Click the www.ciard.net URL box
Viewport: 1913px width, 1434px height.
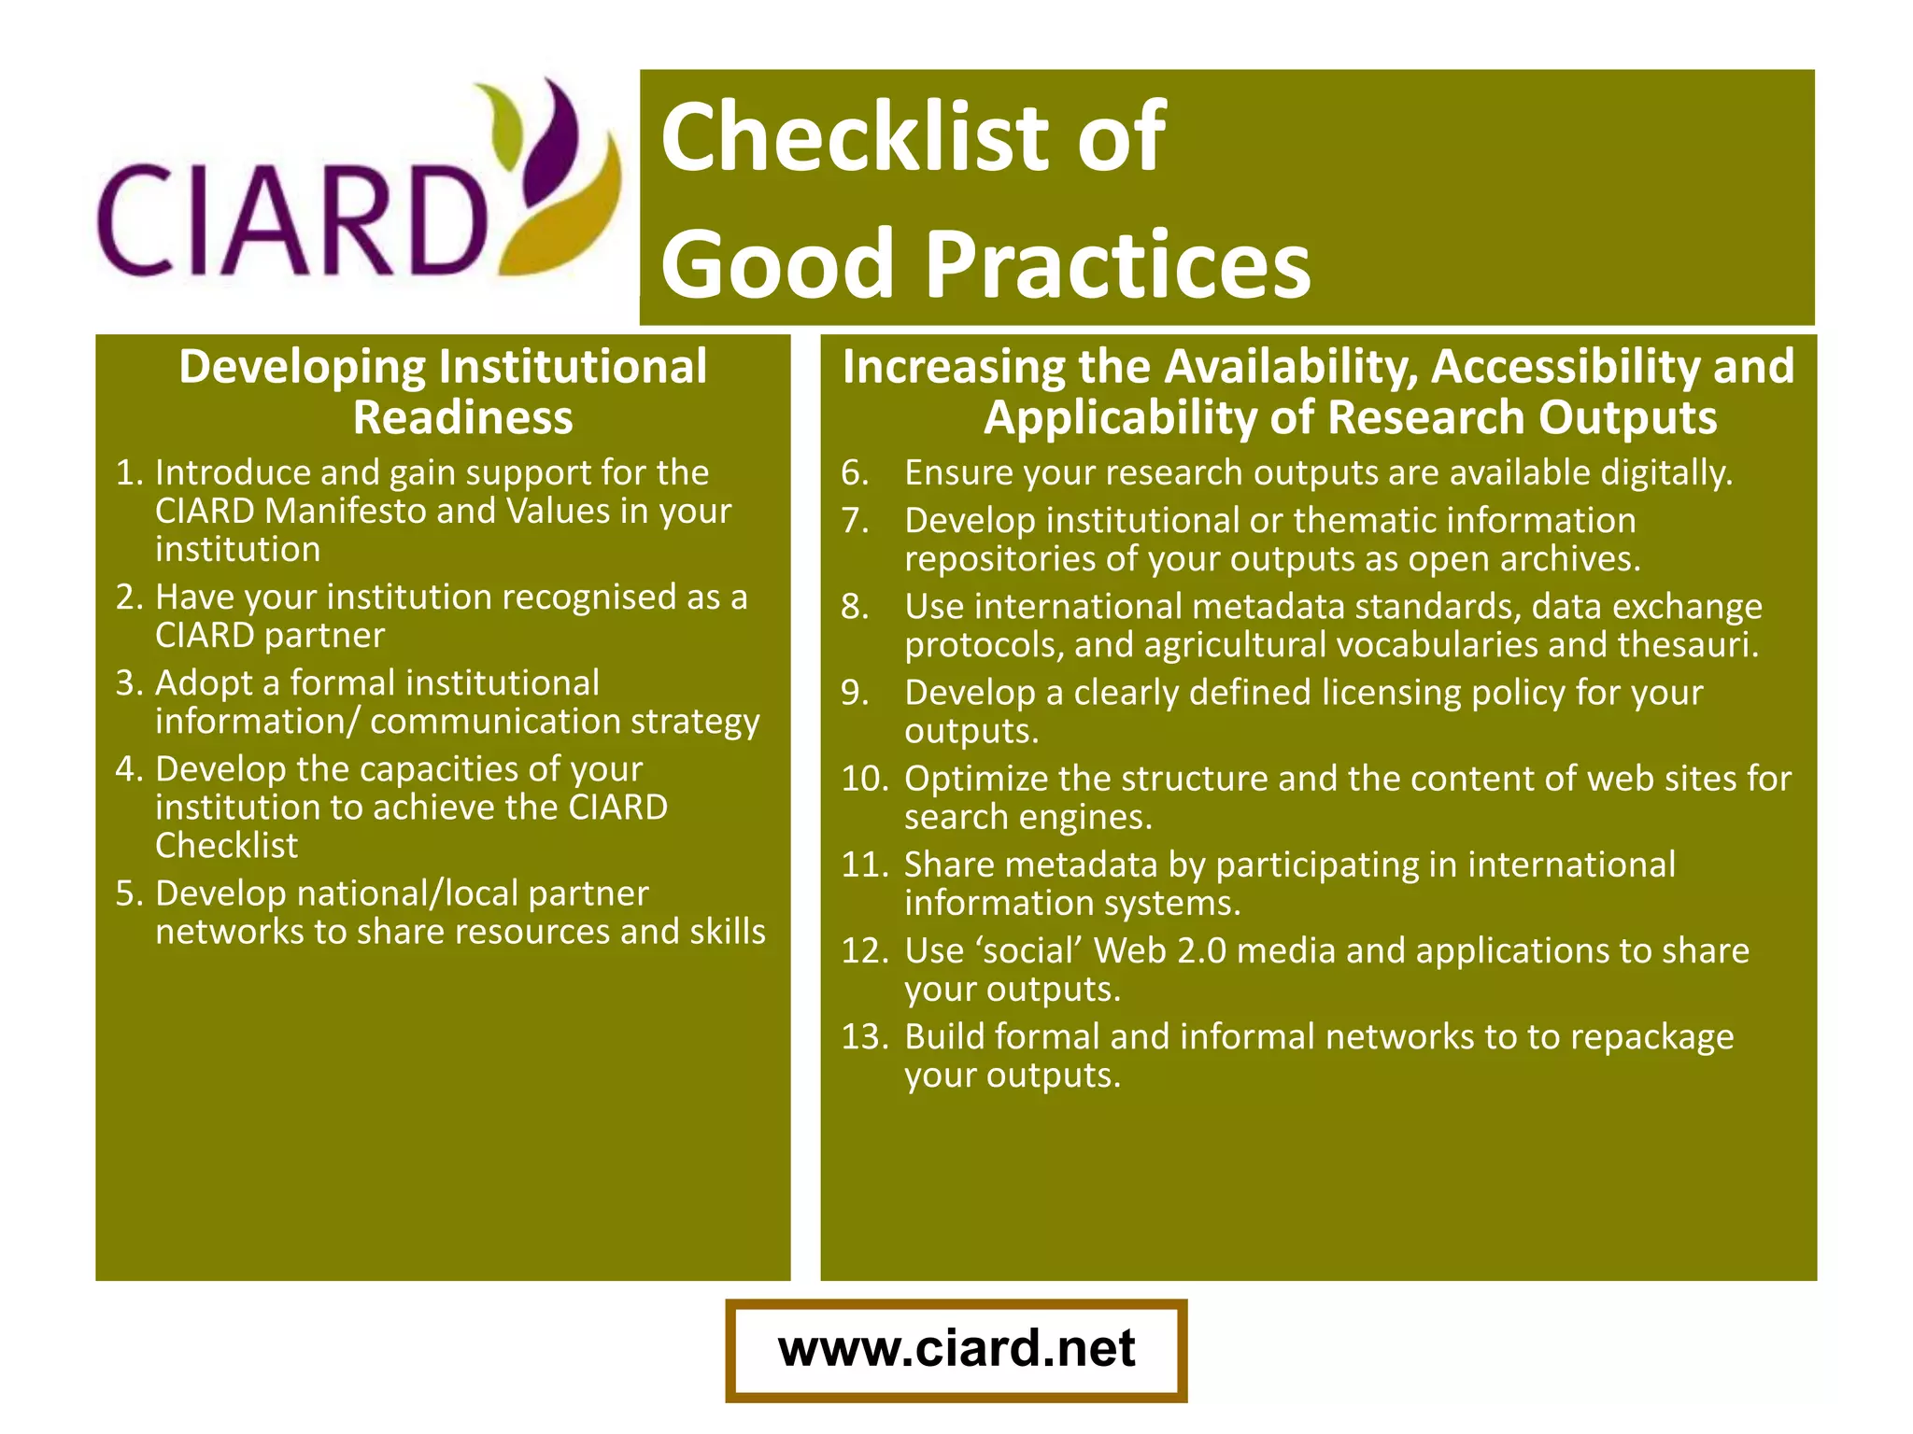click(956, 1349)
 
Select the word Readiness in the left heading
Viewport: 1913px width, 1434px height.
click(462, 416)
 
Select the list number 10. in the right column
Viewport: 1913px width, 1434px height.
click(865, 779)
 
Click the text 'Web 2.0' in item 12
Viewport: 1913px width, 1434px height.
click(1159, 950)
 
